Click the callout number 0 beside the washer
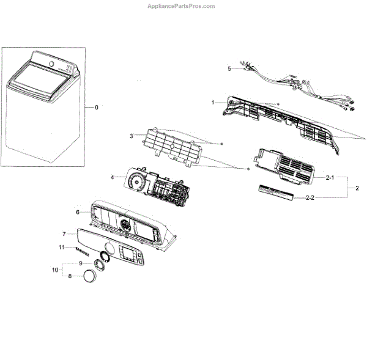click(x=95, y=108)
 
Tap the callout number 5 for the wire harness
click(x=229, y=69)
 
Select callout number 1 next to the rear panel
click(x=213, y=102)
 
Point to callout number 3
click(x=131, y=136)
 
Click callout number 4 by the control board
click(x=113, y=177)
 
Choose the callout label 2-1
click(x=329, y=177)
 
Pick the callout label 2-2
click(x=329, y=197)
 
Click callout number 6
click(x=78, y=212)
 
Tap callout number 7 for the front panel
click(x=64, y=233)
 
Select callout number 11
click(x=61, y=247)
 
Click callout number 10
click(x=54, y=270)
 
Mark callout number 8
click(x=70, y=276)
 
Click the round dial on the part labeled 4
click(x=135, y=182)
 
